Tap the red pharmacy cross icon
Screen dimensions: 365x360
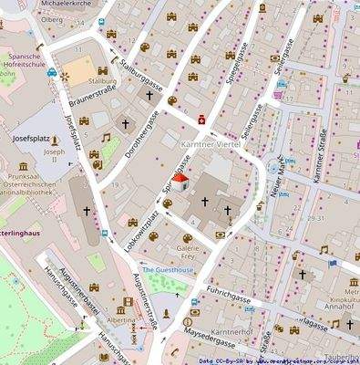pyautogui.click(x=203, y=116)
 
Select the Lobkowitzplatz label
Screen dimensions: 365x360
pyautogui.click(x=144, y=220)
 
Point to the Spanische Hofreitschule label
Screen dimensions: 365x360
pyautogui.click(x=24, y=58)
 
